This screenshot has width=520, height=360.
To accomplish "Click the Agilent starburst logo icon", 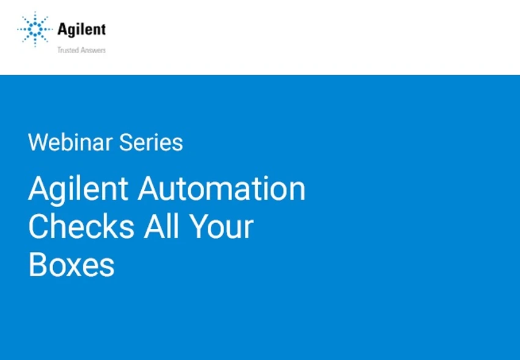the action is (x=35, y=29).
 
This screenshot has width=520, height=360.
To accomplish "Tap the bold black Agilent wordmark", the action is (x=82, y=29).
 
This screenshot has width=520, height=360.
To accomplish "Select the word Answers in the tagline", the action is (x=93, y=50).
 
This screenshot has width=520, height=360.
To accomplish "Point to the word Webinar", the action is (x=71, y=142).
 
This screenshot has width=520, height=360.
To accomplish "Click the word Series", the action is (x=151, y=142).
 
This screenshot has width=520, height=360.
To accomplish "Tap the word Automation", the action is (x=222, y=188).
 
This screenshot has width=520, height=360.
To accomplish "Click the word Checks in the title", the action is (x=81, y=227).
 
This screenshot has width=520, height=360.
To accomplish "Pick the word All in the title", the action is (x=161, y=227).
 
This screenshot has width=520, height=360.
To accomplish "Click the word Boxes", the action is (x=71, y=265).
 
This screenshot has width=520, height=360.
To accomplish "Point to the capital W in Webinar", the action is (x=38, y=142).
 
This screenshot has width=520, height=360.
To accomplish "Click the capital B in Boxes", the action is (x=37, y=265).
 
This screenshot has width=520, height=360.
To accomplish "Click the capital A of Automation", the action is (x=149, y=189).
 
